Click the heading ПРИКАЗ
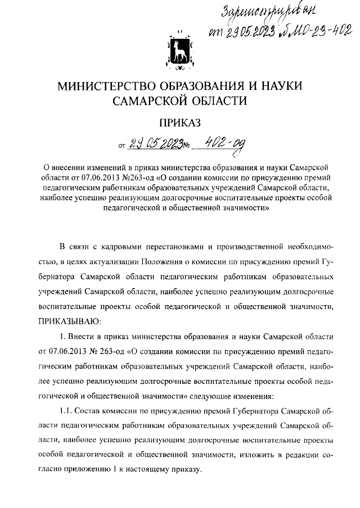point(179,124)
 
